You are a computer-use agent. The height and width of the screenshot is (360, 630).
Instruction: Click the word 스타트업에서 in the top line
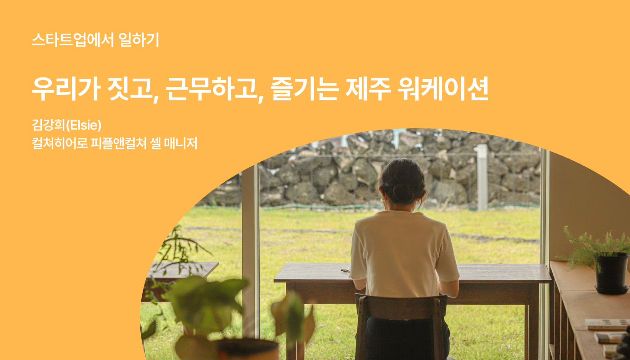tap(73, 40)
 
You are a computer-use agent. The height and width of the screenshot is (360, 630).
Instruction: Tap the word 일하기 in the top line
tap(139, 40)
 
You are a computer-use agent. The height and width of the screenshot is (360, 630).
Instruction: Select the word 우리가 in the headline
tap(66, 89)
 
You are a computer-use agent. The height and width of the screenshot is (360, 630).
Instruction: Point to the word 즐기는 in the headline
tap(305, 89)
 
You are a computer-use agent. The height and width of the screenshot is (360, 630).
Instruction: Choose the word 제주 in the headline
tap(369, 89)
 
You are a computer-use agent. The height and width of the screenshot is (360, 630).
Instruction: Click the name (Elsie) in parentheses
tap(84, 125)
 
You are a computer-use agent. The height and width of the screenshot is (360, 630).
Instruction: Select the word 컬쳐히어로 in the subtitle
tap(60, 143)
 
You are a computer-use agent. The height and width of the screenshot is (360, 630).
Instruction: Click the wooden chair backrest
tap(401, 306)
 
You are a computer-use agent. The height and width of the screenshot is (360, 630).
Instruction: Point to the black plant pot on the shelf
tap(612, 273)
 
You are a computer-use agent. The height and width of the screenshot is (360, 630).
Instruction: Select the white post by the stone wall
tap(482, 177)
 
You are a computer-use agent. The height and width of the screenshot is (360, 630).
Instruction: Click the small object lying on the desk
tap(345, 271)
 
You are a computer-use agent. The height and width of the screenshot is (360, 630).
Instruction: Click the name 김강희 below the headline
tap(49, 125)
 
